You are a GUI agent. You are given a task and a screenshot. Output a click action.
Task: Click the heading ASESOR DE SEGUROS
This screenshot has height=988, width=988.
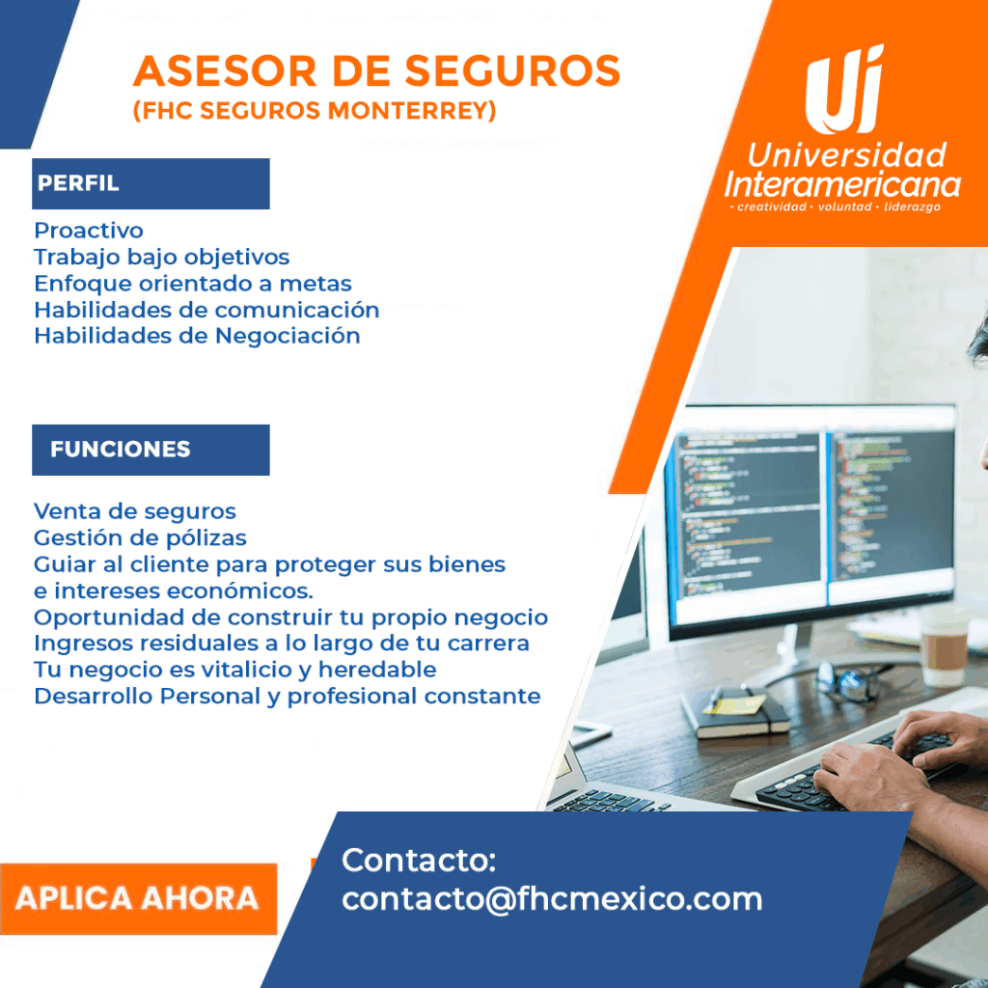click(x=376, y=70)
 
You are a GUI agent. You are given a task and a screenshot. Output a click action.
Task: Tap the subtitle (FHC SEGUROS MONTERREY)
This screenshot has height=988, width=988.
click(x=315, y=110)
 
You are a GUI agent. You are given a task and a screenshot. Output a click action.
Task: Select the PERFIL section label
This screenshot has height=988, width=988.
click(x=78, y=182)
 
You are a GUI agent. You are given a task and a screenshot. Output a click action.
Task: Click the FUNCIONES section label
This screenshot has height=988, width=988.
click(x=120, y=450)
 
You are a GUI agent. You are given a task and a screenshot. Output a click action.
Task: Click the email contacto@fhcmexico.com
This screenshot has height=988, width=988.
click(x=552, y=899)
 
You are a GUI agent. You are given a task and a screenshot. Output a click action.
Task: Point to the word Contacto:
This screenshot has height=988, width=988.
click(x=419, y=860)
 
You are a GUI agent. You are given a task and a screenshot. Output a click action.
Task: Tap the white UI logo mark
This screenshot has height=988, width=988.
click(x=844, y=90)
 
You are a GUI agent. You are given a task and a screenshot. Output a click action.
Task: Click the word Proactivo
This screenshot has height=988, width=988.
click(x=89, y=231)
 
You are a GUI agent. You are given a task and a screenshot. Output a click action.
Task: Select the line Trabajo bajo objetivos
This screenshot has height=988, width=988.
click(x=162, y=257)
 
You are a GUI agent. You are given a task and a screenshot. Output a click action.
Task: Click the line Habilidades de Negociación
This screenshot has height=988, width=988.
click(x=197, y=336)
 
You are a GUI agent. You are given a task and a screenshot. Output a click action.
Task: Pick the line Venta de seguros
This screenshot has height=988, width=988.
click(x=135, y=511)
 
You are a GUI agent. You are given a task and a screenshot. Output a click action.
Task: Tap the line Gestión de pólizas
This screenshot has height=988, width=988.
click(x=140, y=538)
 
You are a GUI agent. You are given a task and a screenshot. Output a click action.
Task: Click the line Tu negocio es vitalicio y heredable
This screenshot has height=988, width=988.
click(x=235, y=670)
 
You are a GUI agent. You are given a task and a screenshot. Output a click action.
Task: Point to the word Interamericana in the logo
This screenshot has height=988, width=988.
click(x=842, y=185)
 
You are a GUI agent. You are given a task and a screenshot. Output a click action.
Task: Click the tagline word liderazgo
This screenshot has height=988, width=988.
click(x=912, y=206)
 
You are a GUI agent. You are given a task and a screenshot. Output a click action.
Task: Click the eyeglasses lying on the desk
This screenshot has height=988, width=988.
click(x=846, y=681)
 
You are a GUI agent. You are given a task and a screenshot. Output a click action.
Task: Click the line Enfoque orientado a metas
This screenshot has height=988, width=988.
click(x=193, y=284)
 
